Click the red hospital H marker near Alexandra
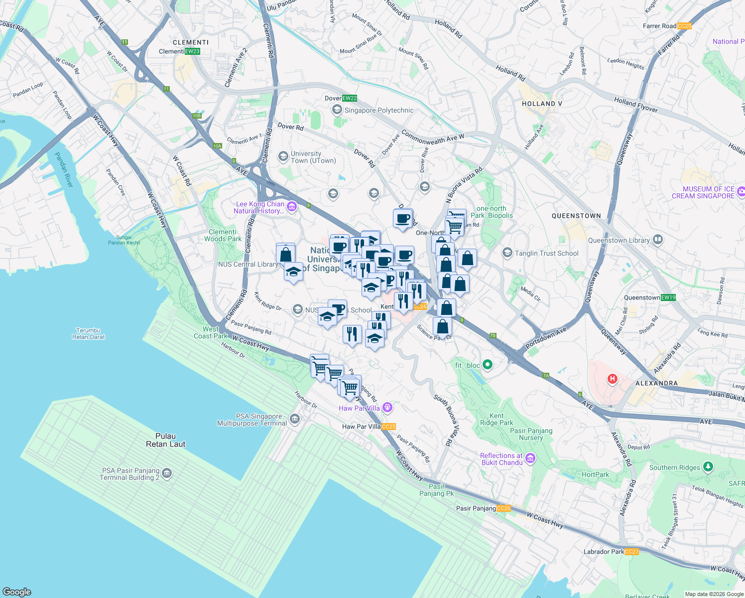tap(613, 379)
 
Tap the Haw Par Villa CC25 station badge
tap(388, 427)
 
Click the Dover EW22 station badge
tap(350, 98)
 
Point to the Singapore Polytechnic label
tap(379, 110)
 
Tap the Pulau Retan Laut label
tap(165, 440)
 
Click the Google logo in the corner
tap(16, 592)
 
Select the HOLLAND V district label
tap(542, 104)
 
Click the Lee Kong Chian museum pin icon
tap(292, 207)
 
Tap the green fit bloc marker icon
tap(488, 365)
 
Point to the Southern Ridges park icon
tap(708, 467)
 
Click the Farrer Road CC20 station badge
tap(684, 26)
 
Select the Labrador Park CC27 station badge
tap(631, 552)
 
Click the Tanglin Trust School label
tap(546, 253)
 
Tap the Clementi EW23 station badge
tap(192, 51)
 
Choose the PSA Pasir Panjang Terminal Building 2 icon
tap(167, 473)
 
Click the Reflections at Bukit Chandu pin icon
tap(530, 458)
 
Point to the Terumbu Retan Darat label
tap(88, 333)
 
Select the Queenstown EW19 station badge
tap(668, 298)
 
